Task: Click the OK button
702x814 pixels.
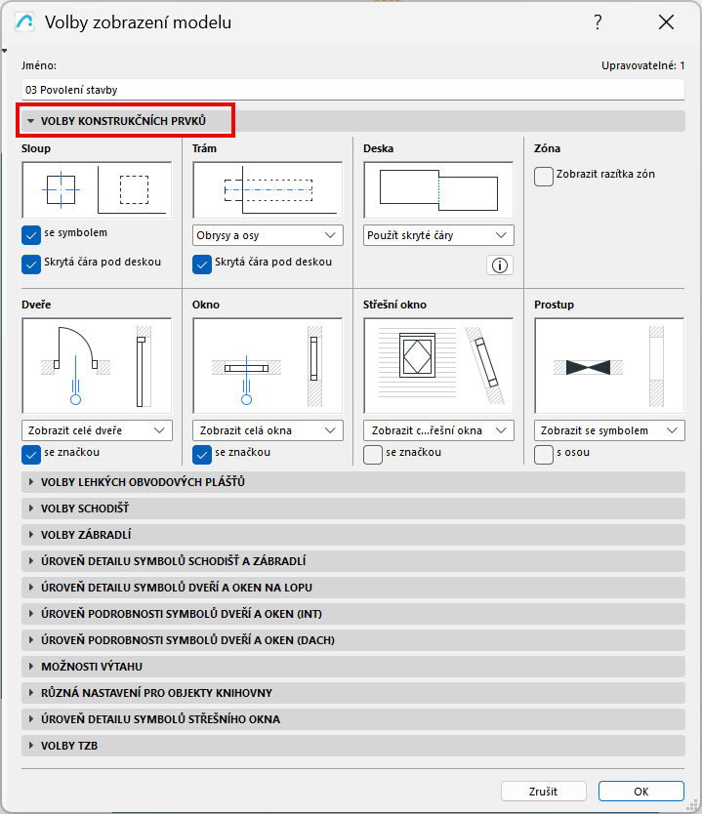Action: tap(640, 792)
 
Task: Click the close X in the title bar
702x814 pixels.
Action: tap(666, 22)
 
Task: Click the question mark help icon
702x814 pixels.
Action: tap(598, 22)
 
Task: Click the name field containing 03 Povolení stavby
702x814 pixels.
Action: tap(353, 90)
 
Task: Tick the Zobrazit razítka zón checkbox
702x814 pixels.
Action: tap(544, 176)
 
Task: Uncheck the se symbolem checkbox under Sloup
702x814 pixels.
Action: tap(31, 234)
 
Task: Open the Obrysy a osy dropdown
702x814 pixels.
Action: tap(268, 235)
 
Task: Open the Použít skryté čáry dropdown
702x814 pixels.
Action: tap(438, 235)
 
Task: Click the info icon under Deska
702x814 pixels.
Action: tap(500, 265)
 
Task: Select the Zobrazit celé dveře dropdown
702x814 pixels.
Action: tap(97, 430)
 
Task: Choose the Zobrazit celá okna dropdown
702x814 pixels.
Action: tap(268, 430)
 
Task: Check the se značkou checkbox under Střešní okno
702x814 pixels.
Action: tap(373, 454)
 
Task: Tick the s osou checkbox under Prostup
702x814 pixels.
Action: tap(544, 454)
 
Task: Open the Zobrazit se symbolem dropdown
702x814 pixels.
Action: tap(609, 430)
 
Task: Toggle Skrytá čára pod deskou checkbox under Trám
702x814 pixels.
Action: tap(202, 264)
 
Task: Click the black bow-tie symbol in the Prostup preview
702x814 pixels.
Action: tap(588, 367)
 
